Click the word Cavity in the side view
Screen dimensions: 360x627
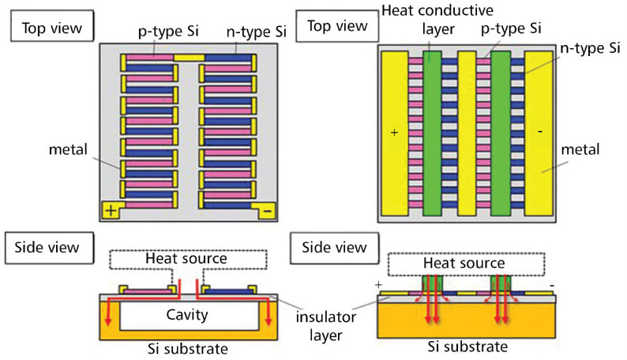tap(186, 315)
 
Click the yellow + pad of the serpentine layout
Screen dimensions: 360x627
tap(114, 211)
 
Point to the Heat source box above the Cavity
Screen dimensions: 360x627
tap(186, 258)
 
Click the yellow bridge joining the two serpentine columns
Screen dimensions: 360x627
tap(189, 58)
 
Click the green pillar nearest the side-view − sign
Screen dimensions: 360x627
tap(501, 283)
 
